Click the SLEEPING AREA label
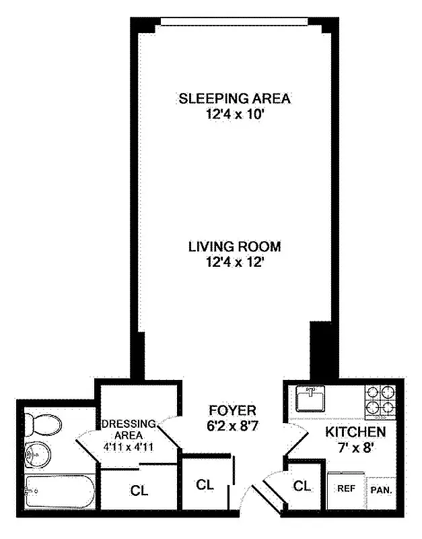coord(234,99)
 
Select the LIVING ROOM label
coord(234,247)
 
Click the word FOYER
coord(232,410)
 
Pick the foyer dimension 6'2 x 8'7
coord(232,425)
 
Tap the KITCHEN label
coord(355,432)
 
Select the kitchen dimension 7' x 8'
coord(355,446)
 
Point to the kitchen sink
coord(311,398)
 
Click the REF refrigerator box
coord(346,488)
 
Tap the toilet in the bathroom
coord(42,424)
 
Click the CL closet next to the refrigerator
coord(302,485)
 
